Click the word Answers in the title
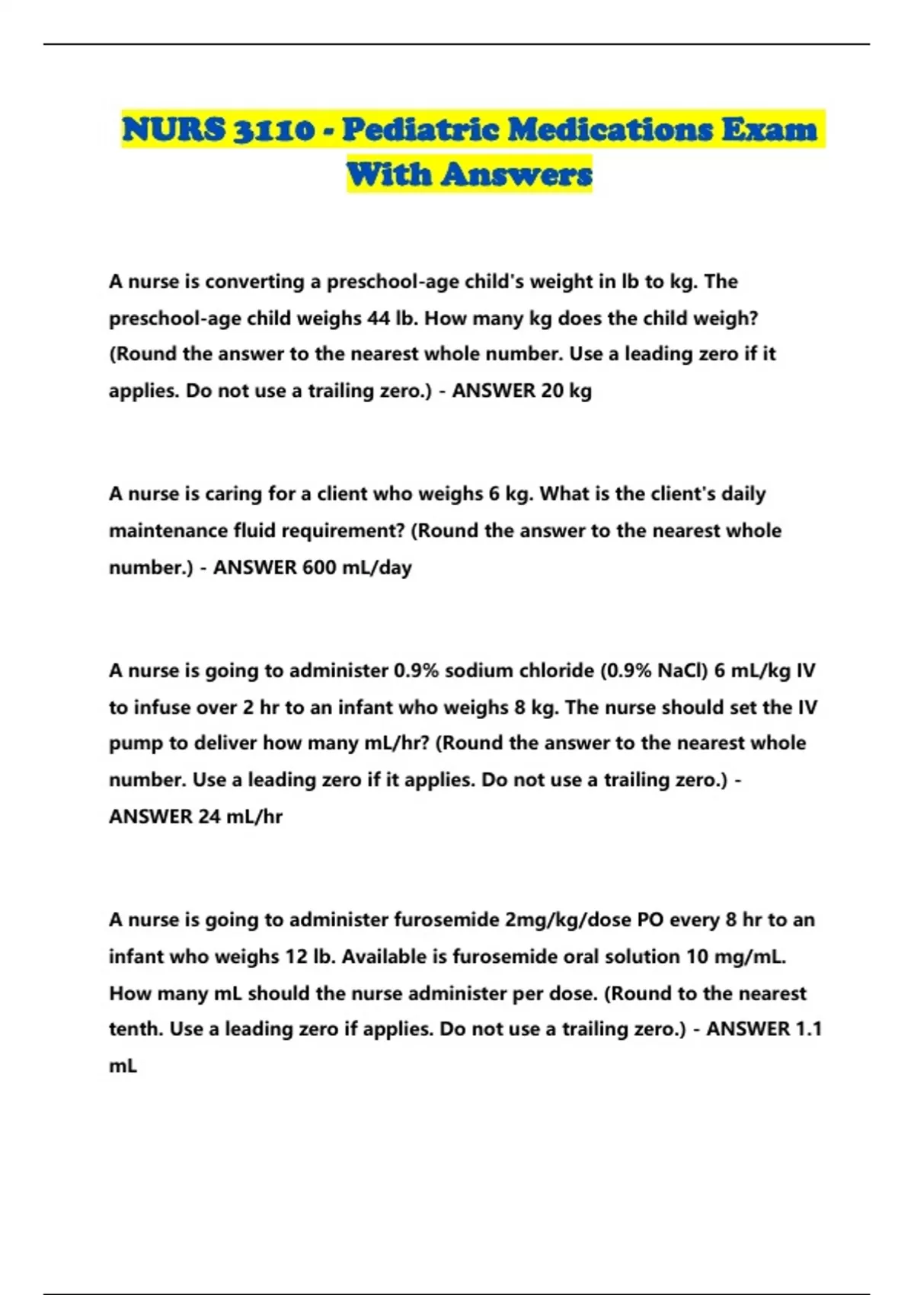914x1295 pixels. [x=517, y=174]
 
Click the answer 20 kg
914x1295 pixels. [x=566, y=391]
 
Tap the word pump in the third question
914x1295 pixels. [x=136, y=743]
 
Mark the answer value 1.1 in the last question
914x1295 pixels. [x=808, y=1029]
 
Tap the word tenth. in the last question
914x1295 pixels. [x=136, y=1029]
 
